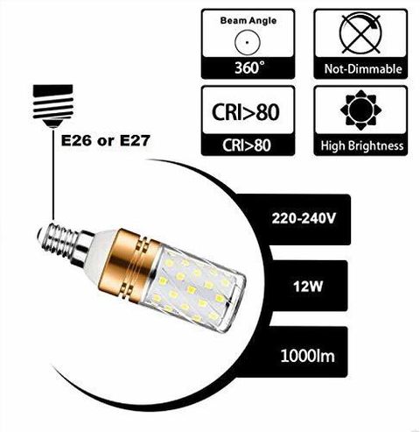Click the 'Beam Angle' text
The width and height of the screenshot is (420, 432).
click(x=248, y=21)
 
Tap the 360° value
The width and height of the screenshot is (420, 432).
click(x=250, y=67)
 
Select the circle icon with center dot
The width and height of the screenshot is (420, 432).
click(x=247, y=42)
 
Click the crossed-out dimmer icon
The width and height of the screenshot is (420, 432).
click(x=360, y=33)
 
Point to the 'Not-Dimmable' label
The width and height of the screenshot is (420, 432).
click(x=363, y=69)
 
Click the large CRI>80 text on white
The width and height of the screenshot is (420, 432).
click(x=245, y=112)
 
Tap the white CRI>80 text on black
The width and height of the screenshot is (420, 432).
click(x=247, y=145)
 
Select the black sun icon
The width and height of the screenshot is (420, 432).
click(x=360, y=110)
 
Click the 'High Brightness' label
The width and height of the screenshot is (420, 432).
click(x=362, y=145)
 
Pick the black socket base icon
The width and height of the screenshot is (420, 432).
click(x=52, y=106)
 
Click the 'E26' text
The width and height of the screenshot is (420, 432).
click(x=76, y=141)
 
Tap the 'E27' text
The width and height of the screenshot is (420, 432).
click(x=135, y=141)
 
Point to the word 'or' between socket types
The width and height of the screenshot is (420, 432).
click(x=106, y=142)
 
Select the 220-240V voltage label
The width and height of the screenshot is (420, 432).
click(x=304, y=218)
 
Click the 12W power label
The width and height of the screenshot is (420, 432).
click(x=308, y=287)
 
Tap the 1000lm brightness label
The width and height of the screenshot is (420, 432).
click(x=307, y=356)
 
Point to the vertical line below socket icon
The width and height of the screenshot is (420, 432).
click(x=53, y=174)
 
